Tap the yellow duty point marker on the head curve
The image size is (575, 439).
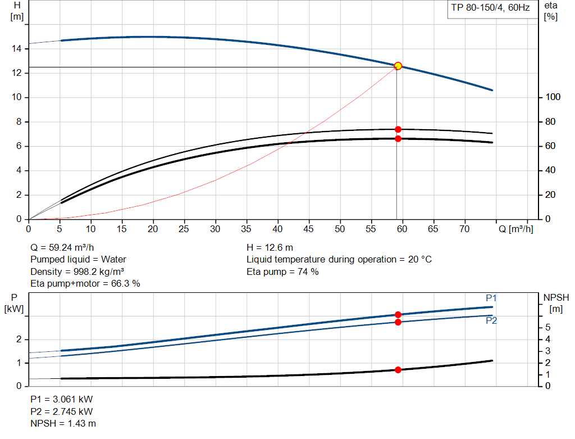tap(398, 66)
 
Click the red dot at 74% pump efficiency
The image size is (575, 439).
tap(398, 129)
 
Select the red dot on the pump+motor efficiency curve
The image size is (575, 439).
tap(398, 138)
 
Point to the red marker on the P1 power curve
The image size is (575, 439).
tap(398, 315)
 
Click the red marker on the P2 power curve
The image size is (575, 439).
tap(398, 322)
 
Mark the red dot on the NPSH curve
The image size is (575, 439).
tap(398, 370)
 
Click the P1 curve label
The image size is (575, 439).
tap(491, 298)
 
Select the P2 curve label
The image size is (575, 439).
tap(491, 320)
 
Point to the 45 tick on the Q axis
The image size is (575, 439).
tap(308, 229)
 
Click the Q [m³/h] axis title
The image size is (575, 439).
tap(515, 229)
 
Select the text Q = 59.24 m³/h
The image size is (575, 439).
tap(62, 247)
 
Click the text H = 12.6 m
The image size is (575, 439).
tap(270, 247)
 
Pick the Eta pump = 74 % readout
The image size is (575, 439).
tap(282, 271)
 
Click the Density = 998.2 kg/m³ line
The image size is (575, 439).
tap(77, 271)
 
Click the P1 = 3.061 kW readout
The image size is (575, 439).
tap(61, 399)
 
